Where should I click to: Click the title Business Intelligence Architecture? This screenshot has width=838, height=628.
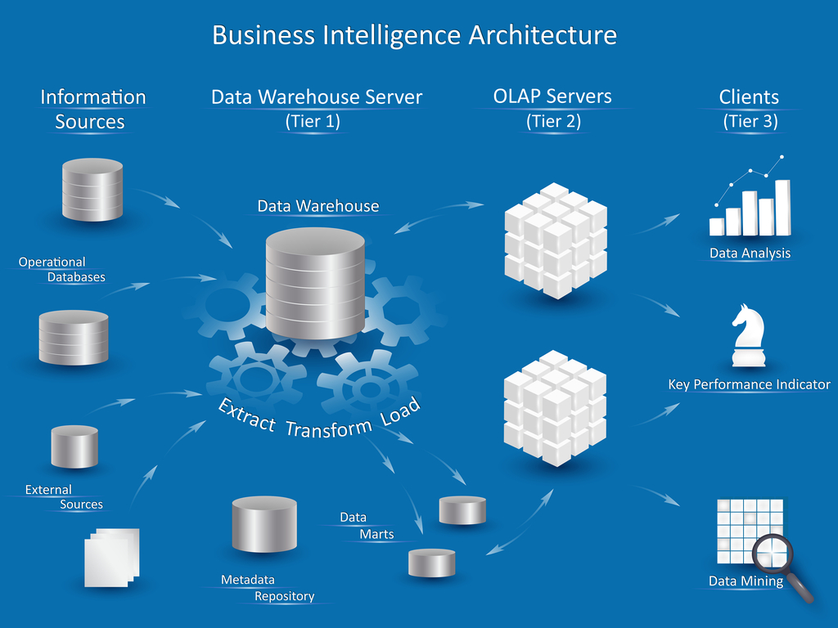point(414,35)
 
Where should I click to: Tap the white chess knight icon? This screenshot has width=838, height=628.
point(750,336)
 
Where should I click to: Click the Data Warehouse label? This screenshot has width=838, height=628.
point(318,206)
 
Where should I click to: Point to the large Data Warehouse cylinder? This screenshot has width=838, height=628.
point(315,282)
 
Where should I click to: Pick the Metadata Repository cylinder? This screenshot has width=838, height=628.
point(264,523)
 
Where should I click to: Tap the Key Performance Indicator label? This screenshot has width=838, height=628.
point(750,384)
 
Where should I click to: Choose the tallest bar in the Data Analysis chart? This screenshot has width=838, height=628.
point(782,206)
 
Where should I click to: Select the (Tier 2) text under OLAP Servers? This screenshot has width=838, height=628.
point(552,122)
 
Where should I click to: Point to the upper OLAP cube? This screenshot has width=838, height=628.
point(555,240)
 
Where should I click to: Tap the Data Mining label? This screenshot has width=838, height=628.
point(746,581)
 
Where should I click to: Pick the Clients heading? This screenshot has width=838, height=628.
point(749,97)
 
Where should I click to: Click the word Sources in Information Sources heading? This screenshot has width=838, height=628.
point(90,122)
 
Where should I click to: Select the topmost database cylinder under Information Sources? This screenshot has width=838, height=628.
point(92,190)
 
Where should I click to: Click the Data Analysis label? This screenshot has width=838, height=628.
point(750,253)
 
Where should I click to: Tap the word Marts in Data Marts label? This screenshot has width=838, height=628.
point(376,535)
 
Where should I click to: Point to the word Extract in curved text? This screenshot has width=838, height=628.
point(246,416)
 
